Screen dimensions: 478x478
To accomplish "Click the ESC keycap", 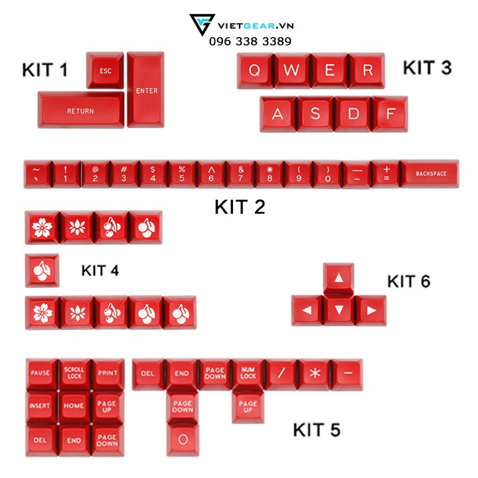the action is click(106, 70).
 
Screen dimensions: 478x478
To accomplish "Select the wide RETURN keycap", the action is click(80, 110).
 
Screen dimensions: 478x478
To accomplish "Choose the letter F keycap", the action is click(390, 114).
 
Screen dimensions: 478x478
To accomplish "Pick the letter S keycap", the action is click(315, 114).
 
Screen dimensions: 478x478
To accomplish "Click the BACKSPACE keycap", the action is click(430, 174).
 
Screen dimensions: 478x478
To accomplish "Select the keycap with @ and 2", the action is click(95, 174).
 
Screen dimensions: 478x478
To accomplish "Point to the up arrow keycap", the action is click(339, 279).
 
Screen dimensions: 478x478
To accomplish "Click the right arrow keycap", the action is click(371, 310).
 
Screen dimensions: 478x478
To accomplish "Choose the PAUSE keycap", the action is click(41, 373).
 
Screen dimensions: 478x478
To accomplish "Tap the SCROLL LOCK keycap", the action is click(74, 373).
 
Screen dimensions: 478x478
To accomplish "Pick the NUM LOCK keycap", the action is click(248, 373).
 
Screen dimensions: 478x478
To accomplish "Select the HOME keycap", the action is click(74, 405).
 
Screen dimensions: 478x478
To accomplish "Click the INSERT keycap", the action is click(41, 405).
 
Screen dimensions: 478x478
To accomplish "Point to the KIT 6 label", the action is click(408, 281).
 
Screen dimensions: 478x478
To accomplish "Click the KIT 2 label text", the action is click(240, 207).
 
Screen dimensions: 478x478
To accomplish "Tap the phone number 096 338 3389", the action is click(250, 40).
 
